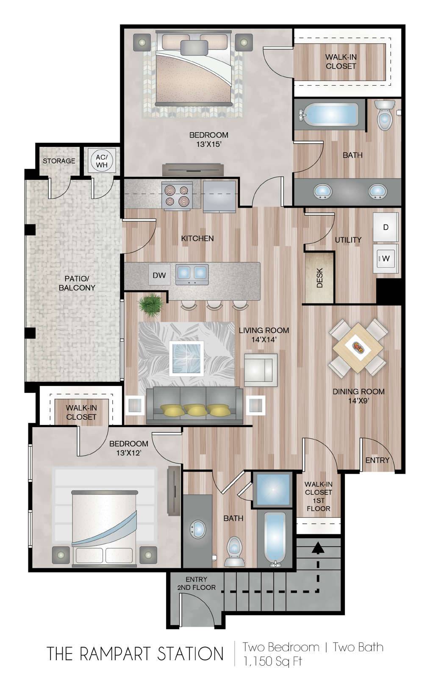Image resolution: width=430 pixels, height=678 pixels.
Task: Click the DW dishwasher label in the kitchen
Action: pos(159,275)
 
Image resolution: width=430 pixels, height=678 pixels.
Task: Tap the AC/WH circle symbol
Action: pos(102,161)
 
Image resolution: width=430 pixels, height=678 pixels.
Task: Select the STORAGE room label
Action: pos(59,161)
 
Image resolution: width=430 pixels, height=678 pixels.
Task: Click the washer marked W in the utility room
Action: pos(385,259)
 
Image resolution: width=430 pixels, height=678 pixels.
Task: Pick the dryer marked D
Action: pos(385,227)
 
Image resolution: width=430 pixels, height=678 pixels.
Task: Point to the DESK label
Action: pos(319,277)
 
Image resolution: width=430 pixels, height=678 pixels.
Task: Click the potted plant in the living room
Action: pos(150,306)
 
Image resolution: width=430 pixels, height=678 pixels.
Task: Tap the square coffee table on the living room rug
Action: pos(186,358)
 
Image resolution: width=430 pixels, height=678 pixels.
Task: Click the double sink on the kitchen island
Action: pos(192,274)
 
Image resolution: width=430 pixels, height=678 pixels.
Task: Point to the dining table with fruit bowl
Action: pos(358,348)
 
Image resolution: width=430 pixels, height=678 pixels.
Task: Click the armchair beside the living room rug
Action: pos(261,370)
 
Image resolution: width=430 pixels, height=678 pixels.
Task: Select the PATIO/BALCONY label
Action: pos(77,283)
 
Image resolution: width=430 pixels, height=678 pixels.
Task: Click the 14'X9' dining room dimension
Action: pos(358,401)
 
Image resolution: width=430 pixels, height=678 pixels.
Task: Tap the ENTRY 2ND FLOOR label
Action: pos(196,583)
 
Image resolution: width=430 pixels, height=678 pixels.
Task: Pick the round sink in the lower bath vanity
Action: pos(198,529)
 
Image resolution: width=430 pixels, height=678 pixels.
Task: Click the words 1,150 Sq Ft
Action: pos(273,661)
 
